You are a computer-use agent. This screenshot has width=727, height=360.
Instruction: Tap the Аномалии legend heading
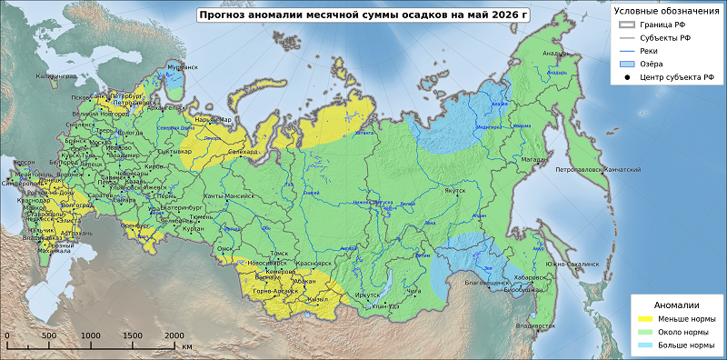pyautogui.click(x=677, y=305)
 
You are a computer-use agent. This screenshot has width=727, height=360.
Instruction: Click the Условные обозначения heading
pyautogui.click(x=666, y=11)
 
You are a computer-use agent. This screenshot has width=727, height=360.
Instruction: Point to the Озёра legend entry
pyautogui.click(x=651, y=64)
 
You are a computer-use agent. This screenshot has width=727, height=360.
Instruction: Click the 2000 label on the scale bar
pyautogui.click(x=173, y=335)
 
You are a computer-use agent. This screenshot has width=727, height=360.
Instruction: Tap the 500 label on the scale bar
pyautogui.click(x=49, y=335)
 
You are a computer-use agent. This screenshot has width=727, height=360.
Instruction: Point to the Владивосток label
pyautogui.click(x=534, y=325)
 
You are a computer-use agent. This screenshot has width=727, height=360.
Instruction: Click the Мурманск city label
pyautogui.click(x=182, y=68)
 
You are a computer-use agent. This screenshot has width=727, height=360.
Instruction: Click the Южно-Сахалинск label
pyautogui.click(x=573, y=263)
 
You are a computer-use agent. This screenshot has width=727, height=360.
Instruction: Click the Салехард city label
pyautogui.click(x=243, y=152)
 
